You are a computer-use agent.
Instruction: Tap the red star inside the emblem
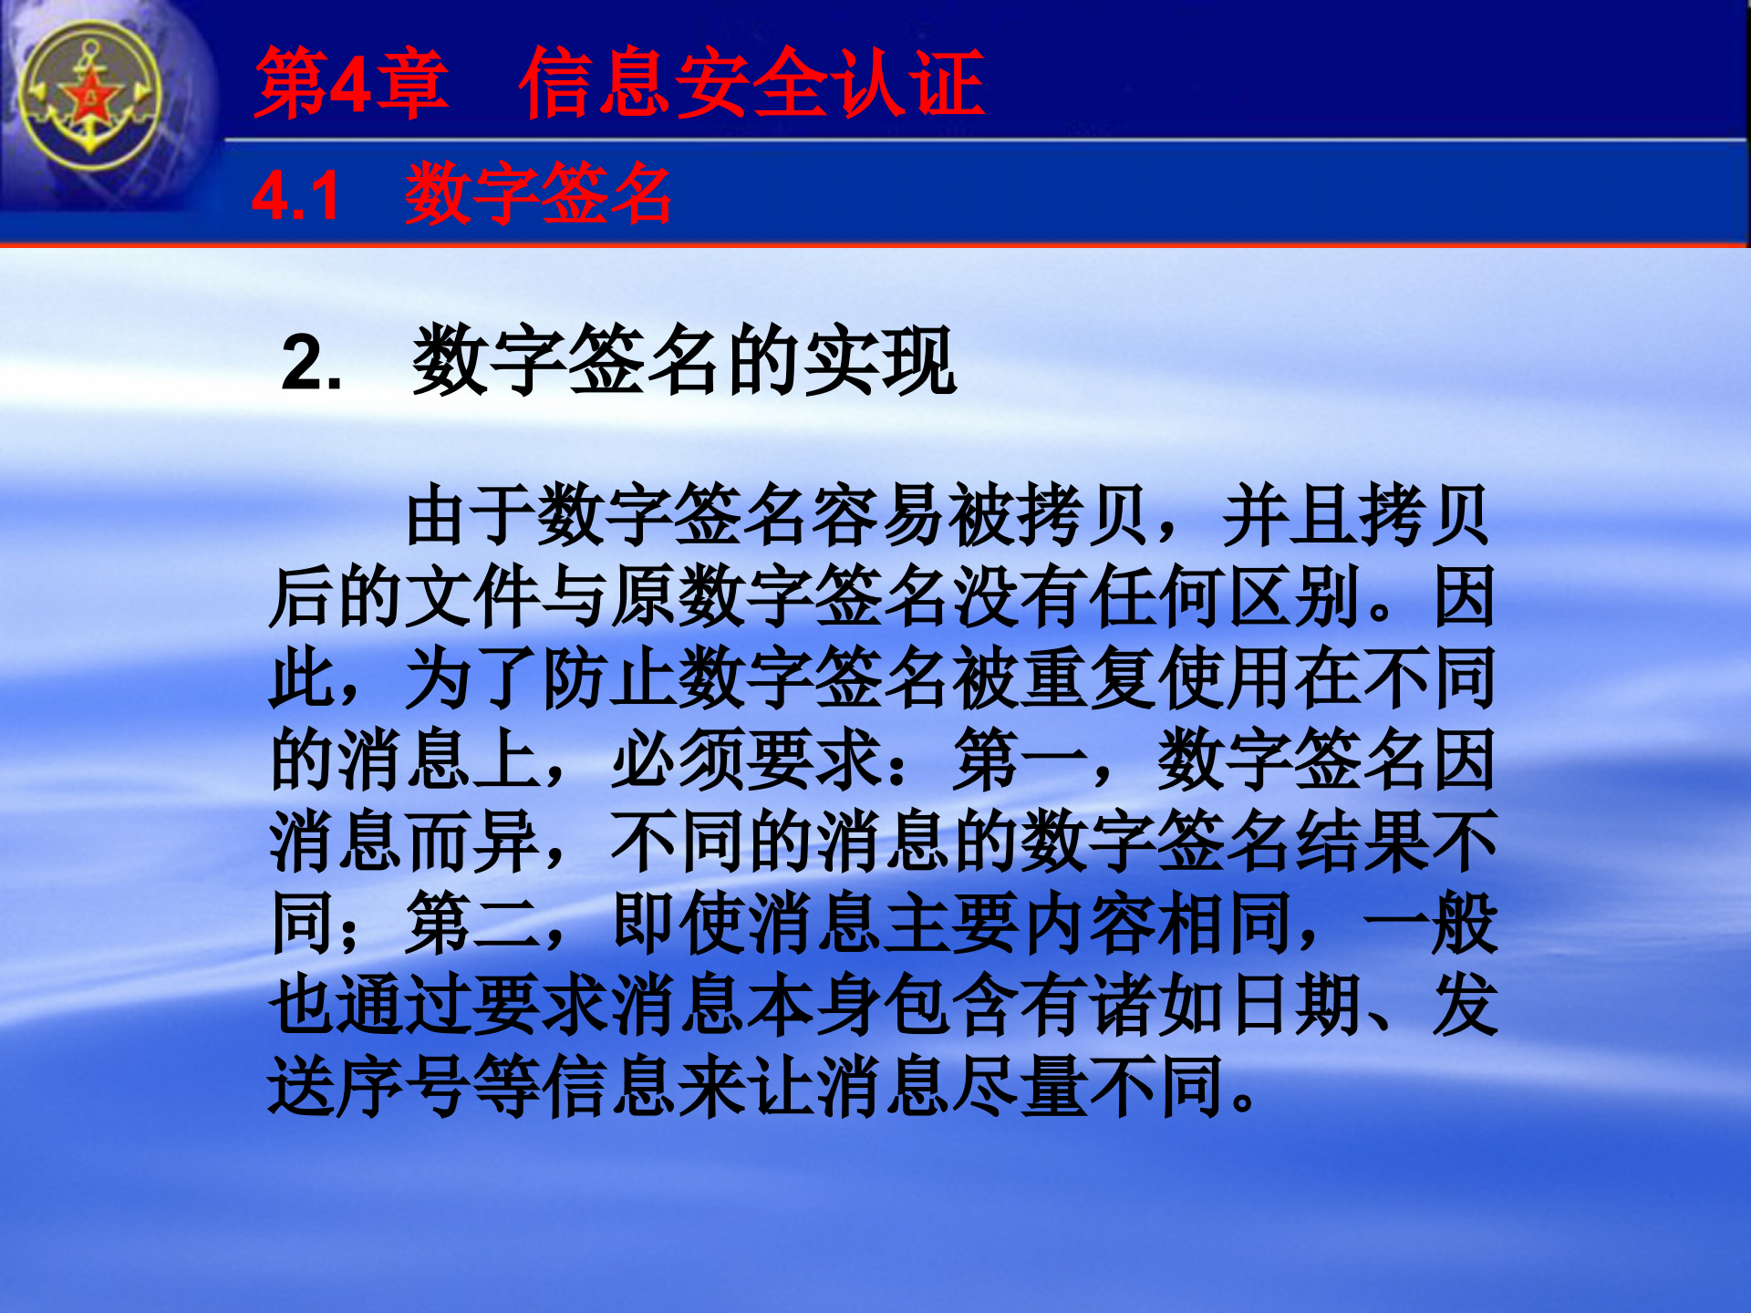click(90, 96)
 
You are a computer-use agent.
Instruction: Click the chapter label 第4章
click(351, 84)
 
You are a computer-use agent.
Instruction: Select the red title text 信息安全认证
click(751, 84)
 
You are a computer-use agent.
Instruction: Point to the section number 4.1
click(295, 196)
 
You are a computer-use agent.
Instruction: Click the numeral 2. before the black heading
click(311, 363)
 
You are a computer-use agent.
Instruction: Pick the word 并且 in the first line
click(1290, 516)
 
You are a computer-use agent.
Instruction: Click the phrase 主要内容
click(953, 925)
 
